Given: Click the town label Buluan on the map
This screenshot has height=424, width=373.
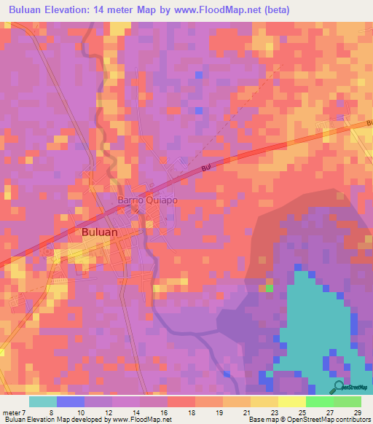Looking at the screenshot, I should tap(96, 232).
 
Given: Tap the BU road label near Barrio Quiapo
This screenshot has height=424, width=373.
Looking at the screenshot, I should tap(205, 169).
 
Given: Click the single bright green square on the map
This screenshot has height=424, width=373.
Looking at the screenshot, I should tap(269, 288).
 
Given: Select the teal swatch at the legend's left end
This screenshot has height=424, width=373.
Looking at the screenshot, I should tap(43, 401).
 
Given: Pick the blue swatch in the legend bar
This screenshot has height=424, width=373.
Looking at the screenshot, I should tap(71, 401).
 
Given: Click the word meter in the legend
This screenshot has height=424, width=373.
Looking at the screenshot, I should tap(11, 412).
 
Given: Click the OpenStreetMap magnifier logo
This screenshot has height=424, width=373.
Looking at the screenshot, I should tap(337, 387).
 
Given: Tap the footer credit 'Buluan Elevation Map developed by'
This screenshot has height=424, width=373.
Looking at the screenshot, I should tap(54, 420).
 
